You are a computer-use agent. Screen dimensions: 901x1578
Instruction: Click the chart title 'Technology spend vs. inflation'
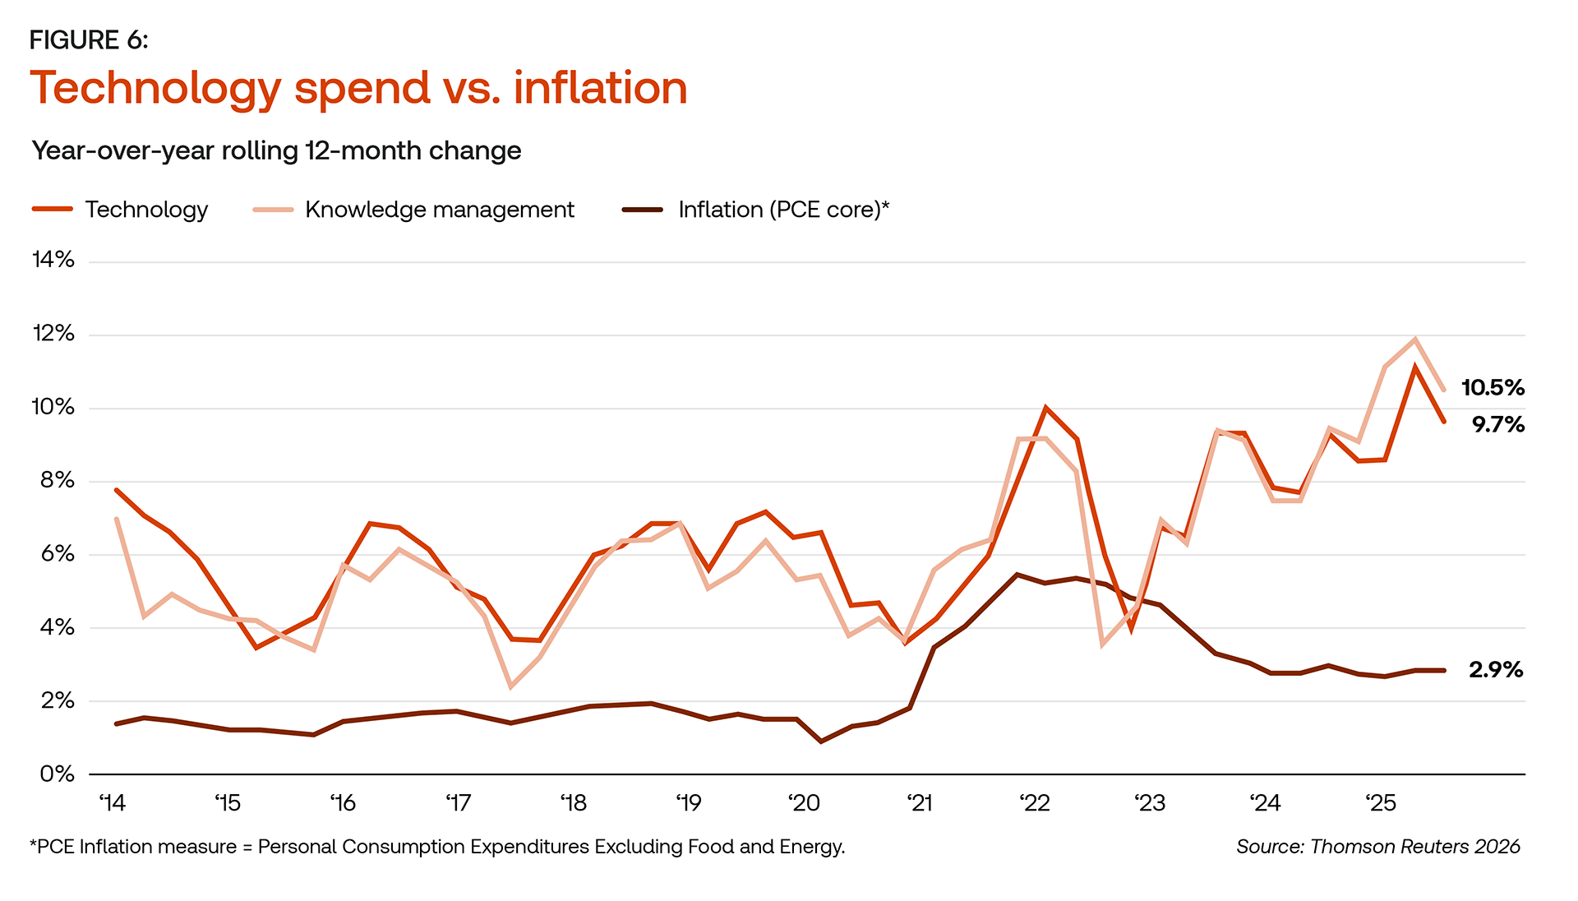(x=358, y=88)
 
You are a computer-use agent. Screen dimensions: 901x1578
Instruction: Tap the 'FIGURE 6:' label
(x=89, y=40)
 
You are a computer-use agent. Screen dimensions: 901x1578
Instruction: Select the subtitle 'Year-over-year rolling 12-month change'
(x=276, y=150)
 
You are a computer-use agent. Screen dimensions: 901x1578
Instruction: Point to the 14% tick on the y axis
(x=53, y=261)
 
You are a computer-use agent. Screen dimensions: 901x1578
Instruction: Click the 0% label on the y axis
(x=57, y=774)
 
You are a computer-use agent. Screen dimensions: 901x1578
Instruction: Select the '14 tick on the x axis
(x=112, y=803)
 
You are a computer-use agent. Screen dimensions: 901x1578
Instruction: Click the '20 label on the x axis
(x=804, y=803)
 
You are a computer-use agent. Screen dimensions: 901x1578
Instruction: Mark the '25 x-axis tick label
(x=1381, y=803)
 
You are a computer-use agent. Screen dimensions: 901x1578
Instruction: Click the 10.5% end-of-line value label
(x=1493, y=388)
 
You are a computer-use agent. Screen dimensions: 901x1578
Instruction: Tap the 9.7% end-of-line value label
(x=1497, y=425)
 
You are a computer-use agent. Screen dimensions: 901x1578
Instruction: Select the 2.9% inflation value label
(x=1496, y=670)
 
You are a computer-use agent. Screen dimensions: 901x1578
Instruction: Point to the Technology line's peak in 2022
(x=1045, y=407)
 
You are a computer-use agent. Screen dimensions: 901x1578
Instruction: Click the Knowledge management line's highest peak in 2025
(x=1415, y=339)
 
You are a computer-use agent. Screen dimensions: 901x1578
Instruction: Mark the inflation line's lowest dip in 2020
(x=821, y=742)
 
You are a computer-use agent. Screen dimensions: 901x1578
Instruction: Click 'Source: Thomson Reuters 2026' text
(x=1377, y=847)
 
